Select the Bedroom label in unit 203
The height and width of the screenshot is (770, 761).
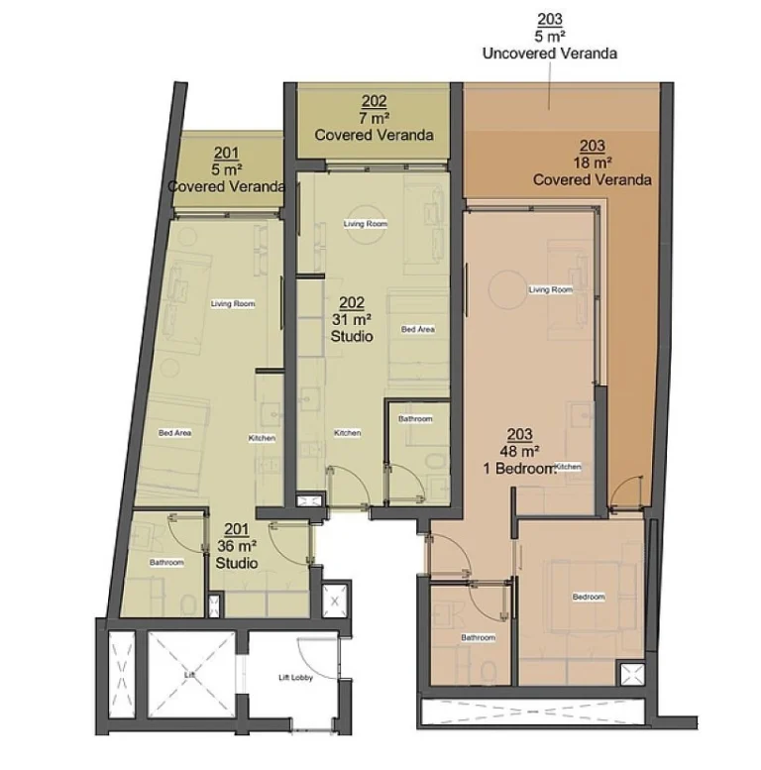point(588,597)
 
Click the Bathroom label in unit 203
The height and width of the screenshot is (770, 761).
point(478,637)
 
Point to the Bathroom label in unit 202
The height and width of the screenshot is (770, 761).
point(415,419)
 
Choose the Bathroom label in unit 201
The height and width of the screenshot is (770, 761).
point(166,563)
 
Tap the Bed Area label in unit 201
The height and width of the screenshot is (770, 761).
point(174,433)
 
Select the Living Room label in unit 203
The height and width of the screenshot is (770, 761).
point(551,289)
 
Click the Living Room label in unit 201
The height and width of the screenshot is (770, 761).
point(234,303)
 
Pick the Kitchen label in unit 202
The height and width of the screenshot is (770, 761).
point(347,433)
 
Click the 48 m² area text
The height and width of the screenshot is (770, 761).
point(519,451)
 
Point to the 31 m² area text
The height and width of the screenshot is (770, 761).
point(352,320)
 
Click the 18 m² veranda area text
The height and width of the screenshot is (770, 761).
point(592,163)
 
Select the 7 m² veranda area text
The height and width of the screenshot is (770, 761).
point(374,118)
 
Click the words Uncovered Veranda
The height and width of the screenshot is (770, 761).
point(549,54)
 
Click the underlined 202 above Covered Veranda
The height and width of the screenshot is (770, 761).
point(374,101)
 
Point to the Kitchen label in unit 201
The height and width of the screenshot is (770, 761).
point(263,438)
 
